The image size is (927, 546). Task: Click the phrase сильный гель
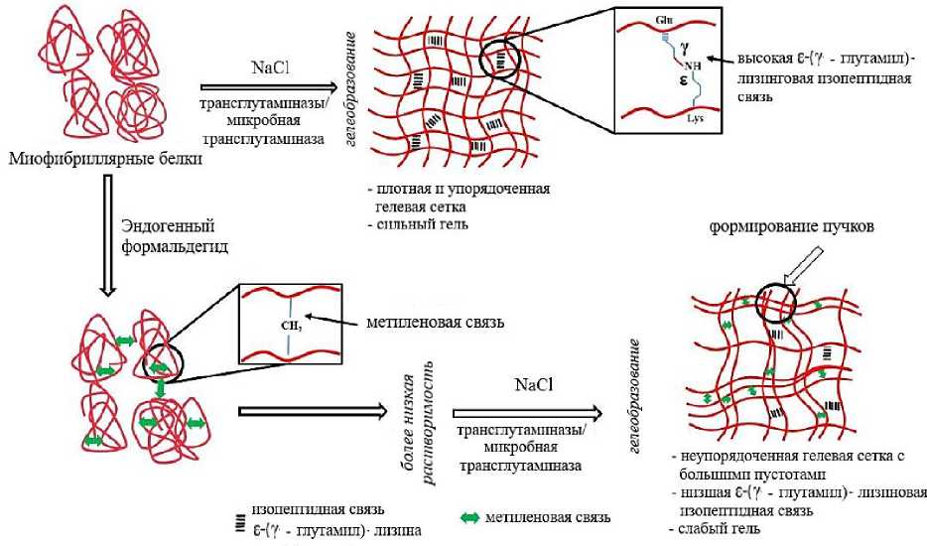(419, 223)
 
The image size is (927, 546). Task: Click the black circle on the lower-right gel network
(776, 301)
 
